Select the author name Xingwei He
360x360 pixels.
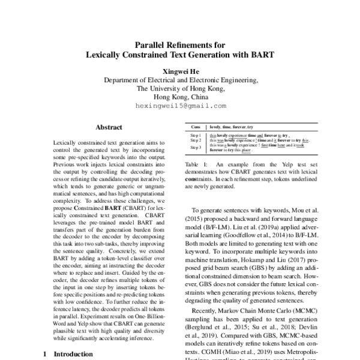pyautogui.click(x=181, y=70)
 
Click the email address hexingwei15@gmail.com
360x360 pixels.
pyautogui.click(x=181, y=105)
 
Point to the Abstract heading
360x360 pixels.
pyautogui.click(x=109, y=127)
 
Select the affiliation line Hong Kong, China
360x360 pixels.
pyautogui.click(x=181, y=97)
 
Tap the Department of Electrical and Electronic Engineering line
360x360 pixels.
pyautogui.click(x=181, y=80)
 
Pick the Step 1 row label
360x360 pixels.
pyautogui.click(x=196, y=136)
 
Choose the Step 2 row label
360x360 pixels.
pyautogui.click(x=196, y=141)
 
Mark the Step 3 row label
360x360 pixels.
pyautogui.click(x=196, y=148)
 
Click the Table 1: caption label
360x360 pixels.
pyautogui.click(x=196, y=164)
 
